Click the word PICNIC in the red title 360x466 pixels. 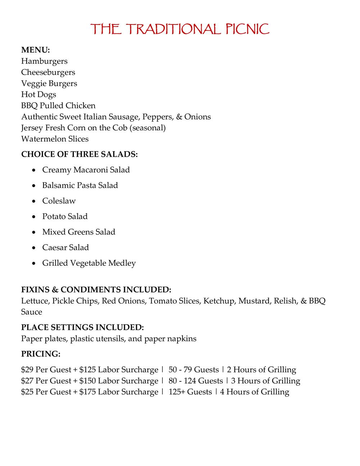(248, 29)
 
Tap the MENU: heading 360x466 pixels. (35, 50)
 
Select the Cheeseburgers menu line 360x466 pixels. (48, 72)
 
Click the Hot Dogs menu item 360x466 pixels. (39, 94)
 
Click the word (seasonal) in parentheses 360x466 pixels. (149, 128)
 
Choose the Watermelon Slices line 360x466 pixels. (55, 139)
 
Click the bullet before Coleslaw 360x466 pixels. (33, 201)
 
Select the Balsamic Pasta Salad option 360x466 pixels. (80, 185)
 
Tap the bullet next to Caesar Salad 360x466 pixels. (33, 248)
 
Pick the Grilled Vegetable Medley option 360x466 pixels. (89, 263)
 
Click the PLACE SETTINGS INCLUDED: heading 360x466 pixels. (82, 327)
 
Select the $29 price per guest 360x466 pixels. (27, 370)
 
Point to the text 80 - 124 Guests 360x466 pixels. (195, 381)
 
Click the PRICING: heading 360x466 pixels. (41, 354)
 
